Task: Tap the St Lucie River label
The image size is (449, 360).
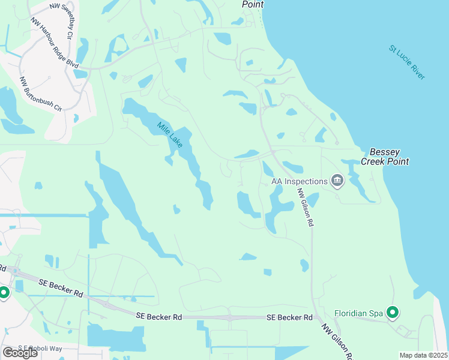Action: point(407,62)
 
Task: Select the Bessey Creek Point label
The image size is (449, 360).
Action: point(385,157)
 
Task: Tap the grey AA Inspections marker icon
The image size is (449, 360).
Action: point(337,181)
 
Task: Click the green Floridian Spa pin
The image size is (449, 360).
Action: point(393,313)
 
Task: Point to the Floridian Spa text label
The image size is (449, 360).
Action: point(358,313)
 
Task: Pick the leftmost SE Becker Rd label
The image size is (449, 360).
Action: point(60,287)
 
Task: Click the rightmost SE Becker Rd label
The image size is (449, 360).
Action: point(289,317)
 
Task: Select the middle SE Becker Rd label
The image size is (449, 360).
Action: point(158,316)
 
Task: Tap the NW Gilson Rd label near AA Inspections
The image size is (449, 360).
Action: point(306,205)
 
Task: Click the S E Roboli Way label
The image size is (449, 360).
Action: point(41,347)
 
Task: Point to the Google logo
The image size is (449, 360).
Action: point(20,352)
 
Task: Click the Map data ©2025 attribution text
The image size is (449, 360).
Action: point(423,355)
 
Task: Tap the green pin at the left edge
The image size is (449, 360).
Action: point(4,293)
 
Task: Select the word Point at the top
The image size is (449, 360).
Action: point(253,4)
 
